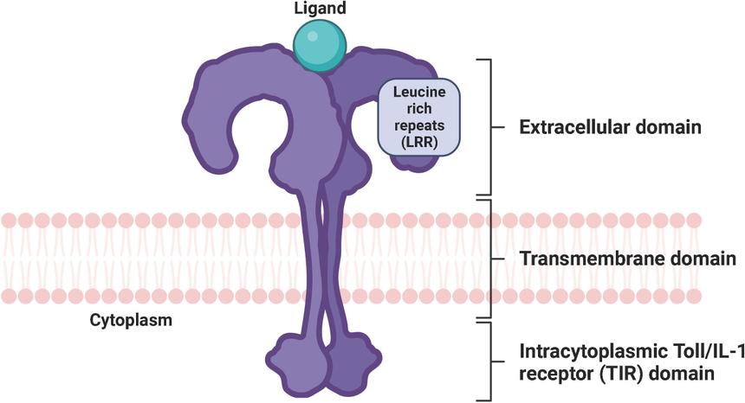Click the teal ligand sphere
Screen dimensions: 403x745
pos(320,44)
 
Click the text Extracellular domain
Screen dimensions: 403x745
pos(609,127)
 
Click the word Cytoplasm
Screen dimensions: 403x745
pos(131,319)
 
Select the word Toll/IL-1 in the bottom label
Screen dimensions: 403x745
pos(683,353)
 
